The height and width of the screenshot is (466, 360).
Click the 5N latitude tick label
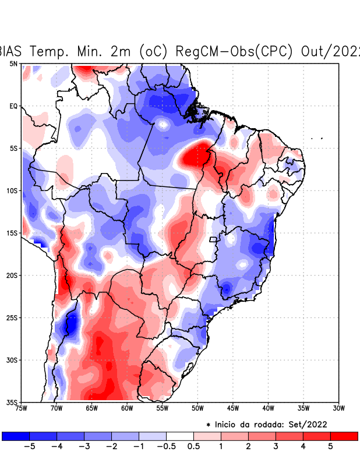tap(13, 63)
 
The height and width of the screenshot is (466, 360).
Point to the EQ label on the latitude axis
tap(13, 106)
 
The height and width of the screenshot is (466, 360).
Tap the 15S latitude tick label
tap(12, 233)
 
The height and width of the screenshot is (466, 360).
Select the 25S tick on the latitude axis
tap(12, 317)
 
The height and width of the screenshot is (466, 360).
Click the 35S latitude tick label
tap(12, 402)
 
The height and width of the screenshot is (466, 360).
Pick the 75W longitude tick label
tap(22, 408)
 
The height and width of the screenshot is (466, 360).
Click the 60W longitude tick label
tap(127, 408)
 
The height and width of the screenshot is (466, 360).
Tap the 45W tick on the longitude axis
tap(233, 408)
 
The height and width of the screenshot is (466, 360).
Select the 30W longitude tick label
tap(338, 408)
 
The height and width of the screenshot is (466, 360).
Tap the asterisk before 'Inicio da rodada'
tap(208, 425)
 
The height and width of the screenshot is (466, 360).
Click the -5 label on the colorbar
tap(29, 447)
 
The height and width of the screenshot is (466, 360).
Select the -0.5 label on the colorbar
tap(166, 447)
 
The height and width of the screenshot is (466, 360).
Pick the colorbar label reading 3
tap(276, 447)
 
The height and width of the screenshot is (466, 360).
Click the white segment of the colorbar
tap(180, 436)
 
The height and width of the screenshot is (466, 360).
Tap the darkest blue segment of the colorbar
tap(16, 436)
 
